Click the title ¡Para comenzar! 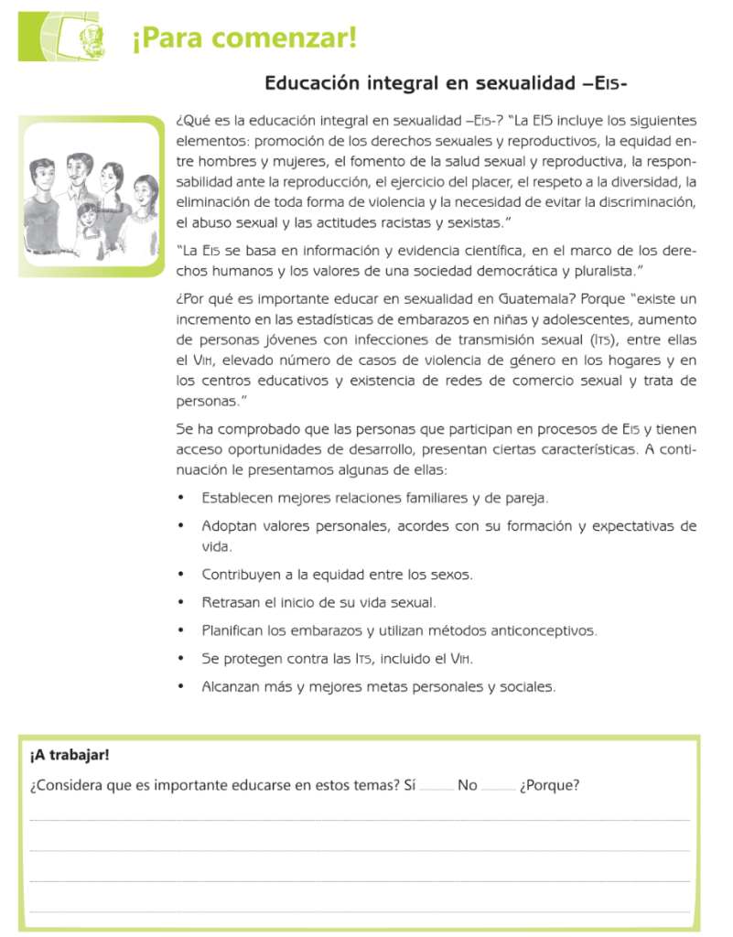point(243,39)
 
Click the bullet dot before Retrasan point(181,603)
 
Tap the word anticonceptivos point(541,630)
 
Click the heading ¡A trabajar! point(70,755)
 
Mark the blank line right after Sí point(437,787)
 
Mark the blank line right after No point(497,787)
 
